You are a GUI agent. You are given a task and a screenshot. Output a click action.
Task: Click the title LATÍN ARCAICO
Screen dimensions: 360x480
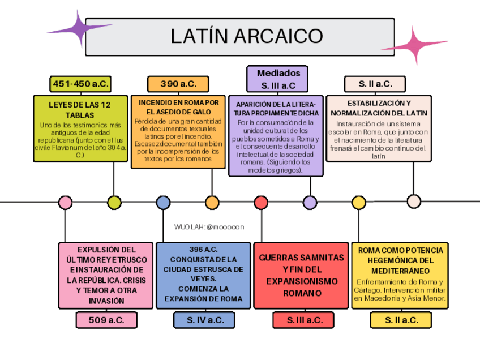[246, 36]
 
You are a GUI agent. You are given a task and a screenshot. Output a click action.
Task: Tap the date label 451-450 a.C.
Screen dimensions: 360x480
[80, 84]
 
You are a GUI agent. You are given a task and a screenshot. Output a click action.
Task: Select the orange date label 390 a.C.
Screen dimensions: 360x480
[178, 84]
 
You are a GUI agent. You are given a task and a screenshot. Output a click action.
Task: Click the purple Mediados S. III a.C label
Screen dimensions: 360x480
[278, 79]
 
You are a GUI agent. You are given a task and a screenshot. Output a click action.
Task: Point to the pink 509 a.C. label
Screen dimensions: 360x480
[106, 320]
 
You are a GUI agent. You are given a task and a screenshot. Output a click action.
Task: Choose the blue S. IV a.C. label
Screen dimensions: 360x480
[204, 320]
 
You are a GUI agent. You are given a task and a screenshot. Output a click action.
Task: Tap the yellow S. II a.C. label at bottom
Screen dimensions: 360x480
[401, 320]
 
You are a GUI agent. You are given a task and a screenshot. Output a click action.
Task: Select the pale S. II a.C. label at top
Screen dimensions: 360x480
[375, 84]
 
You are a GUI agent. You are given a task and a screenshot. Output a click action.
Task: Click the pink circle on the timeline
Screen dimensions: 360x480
[66, 202]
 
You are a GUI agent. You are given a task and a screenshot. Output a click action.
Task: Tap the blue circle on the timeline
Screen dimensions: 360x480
[163, 202]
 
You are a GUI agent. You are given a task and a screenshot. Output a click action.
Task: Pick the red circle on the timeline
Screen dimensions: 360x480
[261, 202]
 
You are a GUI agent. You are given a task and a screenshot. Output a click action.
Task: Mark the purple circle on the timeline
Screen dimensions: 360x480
[310, 202]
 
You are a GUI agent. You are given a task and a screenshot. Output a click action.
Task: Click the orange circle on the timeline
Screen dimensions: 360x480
[212, 202]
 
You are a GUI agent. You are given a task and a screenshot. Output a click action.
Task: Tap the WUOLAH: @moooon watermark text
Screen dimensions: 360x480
[209, 226]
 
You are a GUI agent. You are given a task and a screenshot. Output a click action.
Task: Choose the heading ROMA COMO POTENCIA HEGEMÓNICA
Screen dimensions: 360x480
[400, 255]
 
